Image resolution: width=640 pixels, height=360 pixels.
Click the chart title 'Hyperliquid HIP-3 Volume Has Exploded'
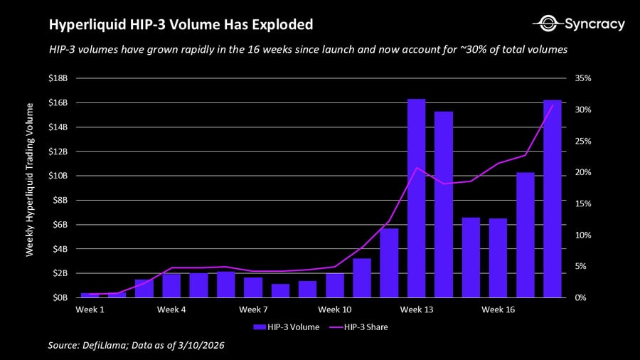click(x=181, y=25)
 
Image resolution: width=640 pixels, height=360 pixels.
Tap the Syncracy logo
click(x=578, y=24)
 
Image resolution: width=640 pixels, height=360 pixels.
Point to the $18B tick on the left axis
click(x=58, y=78)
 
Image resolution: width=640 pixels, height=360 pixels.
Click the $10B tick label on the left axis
click(x=58, y=176)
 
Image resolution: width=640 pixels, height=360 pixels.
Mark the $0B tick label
click(x=60, y=297)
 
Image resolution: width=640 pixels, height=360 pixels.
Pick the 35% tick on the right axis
click(x=582, y=78)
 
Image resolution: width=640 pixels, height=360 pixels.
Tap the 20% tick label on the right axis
click(x=582, y=172)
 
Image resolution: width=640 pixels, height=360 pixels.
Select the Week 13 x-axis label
click(x=416, y=310)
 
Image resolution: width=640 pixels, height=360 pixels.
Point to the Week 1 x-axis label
click(x=90, y=310)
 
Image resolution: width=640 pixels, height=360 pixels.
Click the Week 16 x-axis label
click(x=498, y=310)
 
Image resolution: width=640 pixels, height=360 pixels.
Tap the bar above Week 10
click(x=335, y=285)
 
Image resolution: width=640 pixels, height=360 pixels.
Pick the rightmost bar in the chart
click(x=553, y=198)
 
